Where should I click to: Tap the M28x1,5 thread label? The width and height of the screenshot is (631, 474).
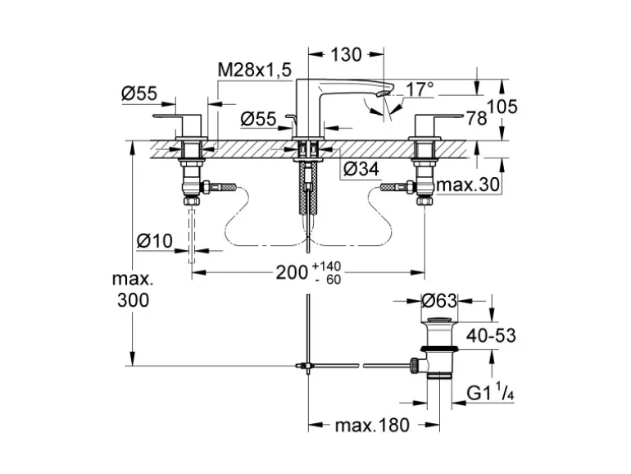click(x=254, y=71)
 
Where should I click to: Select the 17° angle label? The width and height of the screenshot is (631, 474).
click(x=420, y=88)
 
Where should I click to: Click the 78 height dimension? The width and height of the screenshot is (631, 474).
click(x=476, y=118)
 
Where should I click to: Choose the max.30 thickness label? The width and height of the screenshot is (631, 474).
click(x=467, y=185)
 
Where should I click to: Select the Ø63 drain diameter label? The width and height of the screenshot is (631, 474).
click(x=438, y=302)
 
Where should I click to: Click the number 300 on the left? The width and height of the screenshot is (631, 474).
click(x=133, y=300)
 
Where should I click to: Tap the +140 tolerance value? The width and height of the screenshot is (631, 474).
click(x=326, y=267)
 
